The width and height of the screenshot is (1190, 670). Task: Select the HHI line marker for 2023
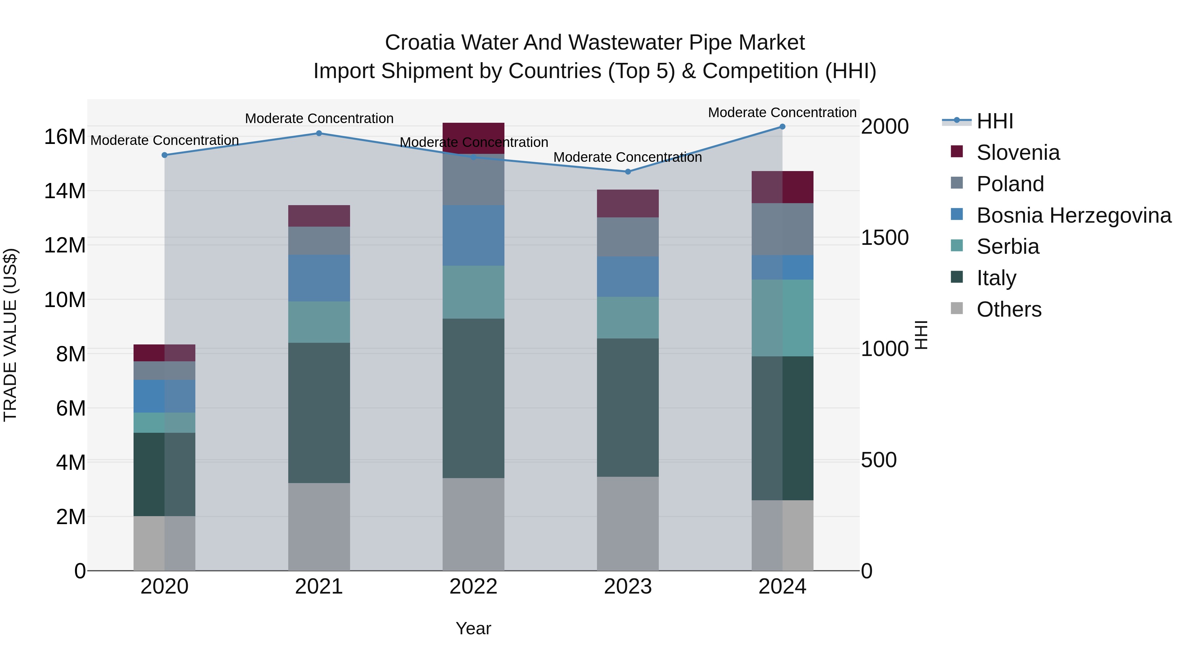tap(628, 171)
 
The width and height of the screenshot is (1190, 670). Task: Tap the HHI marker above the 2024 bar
tap(782, 126)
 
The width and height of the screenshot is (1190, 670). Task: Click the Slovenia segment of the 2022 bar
tap(473, 138)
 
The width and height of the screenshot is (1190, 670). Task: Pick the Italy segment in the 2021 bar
tap(319, 413)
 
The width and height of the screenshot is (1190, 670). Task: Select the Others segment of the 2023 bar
tap(628, 523)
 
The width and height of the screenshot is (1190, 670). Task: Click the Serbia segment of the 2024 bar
tap(782, 318)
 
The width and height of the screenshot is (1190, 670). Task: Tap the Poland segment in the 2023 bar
tap(628, 237)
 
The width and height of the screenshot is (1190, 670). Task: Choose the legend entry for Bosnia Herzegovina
tap(1074, 215)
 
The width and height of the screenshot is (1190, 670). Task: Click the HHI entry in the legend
tap(995, 121)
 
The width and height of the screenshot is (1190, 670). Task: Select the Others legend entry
tap(1009, 309)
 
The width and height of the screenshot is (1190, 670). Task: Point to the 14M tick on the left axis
tap(65, 191)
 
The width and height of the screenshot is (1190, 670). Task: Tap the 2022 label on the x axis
tap(473, 587)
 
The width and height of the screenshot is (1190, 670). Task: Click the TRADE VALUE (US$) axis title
tap(10, 335)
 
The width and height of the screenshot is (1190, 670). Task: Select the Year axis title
tap(473, 628)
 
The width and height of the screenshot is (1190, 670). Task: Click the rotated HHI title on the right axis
tap(921, 335)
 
